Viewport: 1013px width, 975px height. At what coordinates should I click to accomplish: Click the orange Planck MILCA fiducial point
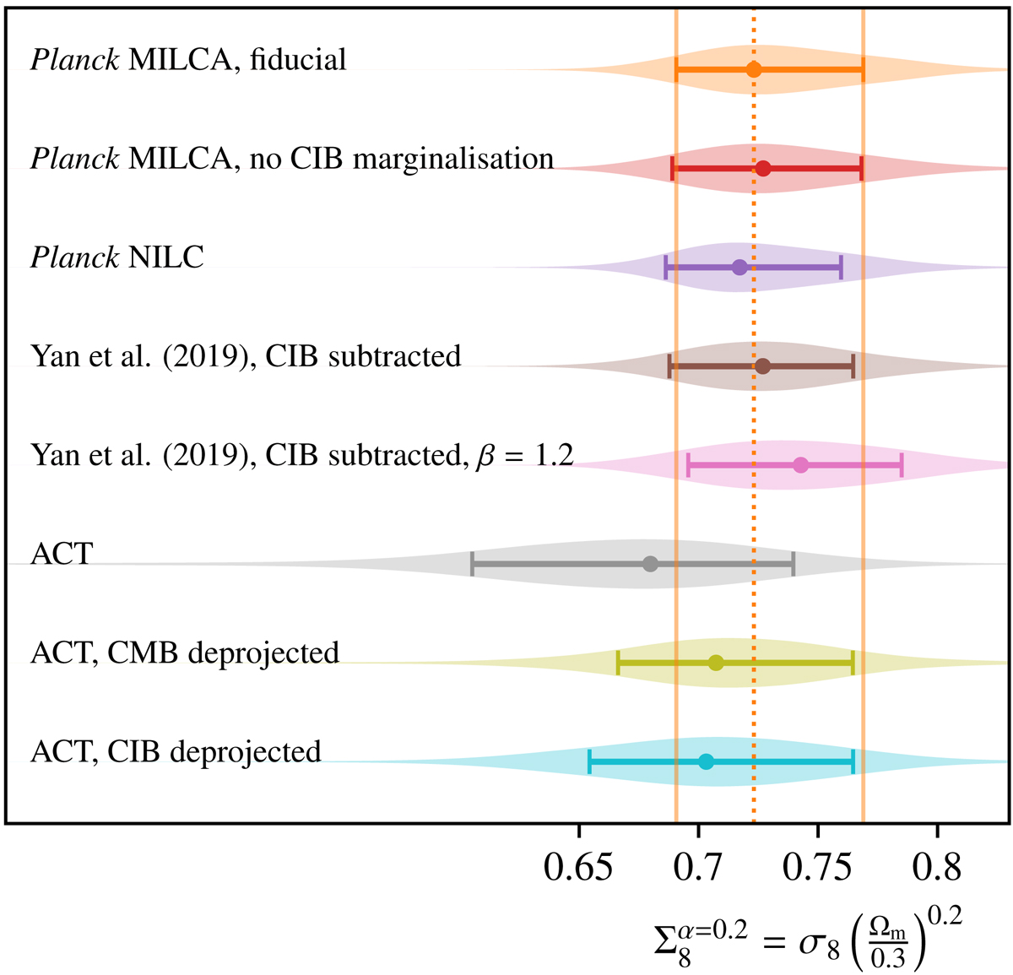point(754,70)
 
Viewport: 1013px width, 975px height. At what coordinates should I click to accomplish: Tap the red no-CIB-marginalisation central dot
point(763,169)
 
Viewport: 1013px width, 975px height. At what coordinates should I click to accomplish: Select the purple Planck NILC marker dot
point(739,268)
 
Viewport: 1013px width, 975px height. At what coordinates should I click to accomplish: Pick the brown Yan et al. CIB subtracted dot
point(762,366)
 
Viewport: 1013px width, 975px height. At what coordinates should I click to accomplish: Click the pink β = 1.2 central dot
point(800,465)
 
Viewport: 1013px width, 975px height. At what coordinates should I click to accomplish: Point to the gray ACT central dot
point(650,564)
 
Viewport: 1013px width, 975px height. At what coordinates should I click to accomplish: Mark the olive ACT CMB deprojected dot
point(716,663)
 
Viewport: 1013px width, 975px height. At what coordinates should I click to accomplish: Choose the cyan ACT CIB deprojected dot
point(707,761)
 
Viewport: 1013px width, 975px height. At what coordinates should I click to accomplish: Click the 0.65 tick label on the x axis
point(578,866)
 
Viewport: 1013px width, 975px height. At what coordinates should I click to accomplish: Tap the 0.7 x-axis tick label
point(698,866)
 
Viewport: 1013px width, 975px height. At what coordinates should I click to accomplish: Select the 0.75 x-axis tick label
point(818,866)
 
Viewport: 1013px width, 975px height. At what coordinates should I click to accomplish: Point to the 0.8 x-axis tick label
point(938,866)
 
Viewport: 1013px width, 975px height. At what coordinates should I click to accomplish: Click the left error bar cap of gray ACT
point(473,564)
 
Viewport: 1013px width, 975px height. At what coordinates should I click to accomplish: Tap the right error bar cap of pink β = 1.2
point(902,465)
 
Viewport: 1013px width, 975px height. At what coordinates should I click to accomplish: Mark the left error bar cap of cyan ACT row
point(589,761)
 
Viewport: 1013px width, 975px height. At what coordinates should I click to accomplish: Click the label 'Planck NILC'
point(117,257)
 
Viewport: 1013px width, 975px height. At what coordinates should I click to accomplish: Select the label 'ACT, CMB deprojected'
point(185,653)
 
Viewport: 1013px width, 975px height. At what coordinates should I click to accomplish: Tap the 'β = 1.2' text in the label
point(524,456)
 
